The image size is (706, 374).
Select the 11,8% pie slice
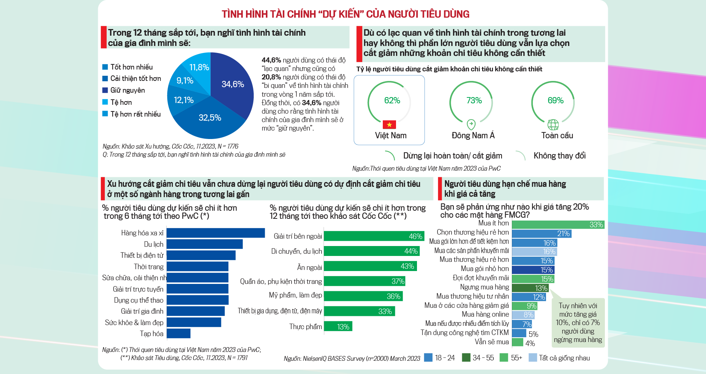(x=199, y=67)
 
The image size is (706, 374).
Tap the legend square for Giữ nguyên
(x=105, y=90)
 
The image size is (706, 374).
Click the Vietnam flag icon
(x=389, y=124)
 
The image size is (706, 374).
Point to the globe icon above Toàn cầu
(x=553, y=125)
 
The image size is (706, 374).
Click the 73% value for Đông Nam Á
(x=474, y=100)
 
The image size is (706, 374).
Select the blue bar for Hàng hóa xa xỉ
(x=215, y=233)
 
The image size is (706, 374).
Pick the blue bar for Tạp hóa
(x=179, y=334)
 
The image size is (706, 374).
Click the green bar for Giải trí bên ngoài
(x=374, y=236)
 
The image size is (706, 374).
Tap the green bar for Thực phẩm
(x=338, y=327)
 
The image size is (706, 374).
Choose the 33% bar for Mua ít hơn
(x=558, y=225)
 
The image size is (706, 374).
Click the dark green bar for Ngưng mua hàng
(x=530, y=288)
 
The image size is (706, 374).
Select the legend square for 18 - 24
(x=428, y=357)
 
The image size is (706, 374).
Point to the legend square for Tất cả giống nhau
(x=532, y=357)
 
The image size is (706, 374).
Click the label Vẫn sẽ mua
(x=492, y=342)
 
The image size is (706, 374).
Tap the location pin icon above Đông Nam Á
(x=471, y=124)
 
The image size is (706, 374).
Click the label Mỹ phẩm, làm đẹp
(x=295, y=295)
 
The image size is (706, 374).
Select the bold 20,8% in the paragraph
(x=271, y=77)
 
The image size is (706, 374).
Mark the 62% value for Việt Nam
(x=392, y=100)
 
